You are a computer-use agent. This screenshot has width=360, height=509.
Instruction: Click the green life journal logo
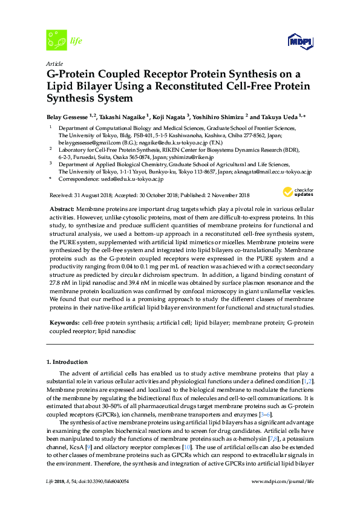(58, 40)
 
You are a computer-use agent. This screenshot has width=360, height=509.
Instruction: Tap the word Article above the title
(54, 63)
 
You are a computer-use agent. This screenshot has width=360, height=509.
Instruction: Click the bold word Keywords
(64, 323)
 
